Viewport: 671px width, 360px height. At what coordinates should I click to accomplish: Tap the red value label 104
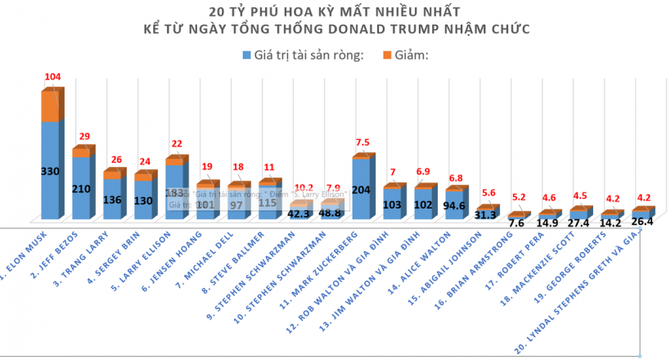pyautogui.click(x=52, y=77)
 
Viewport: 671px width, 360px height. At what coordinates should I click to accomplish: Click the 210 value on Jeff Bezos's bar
pyautogui.click(x=80, y=188)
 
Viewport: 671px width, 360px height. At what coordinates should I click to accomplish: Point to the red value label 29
pyautogui.click(x=83, y=135)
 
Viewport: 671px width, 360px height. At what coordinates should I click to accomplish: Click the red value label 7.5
pyautogui.click(x=363, y=141)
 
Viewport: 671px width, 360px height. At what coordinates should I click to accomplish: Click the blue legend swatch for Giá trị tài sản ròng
pyautogui.click(x=247, y=55)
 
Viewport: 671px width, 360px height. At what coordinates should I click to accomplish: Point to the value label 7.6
pyautogui.click(x=516, y=223)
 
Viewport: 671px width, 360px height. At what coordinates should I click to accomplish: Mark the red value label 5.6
pyautogui.click(x=488, y=193)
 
